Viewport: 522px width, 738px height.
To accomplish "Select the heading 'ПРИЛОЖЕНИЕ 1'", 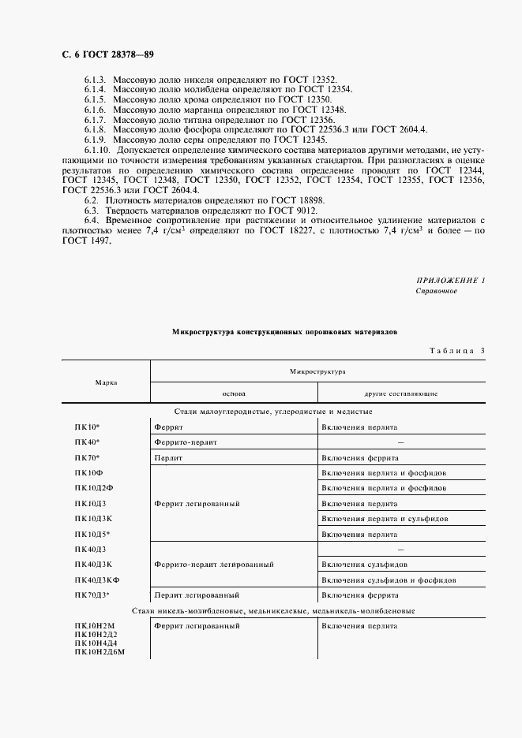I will click(x=451, y=281).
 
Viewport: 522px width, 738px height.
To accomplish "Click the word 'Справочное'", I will click(x=436, y=291).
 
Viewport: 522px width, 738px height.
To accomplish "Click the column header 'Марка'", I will click(x=106, y=382).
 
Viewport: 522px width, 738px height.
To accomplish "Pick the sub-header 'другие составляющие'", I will click(x=401, y=393).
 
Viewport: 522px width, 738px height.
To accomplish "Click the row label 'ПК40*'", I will click(x=88, y=442).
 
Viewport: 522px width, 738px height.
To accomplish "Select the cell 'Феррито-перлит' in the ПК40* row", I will click(x=186, y=442).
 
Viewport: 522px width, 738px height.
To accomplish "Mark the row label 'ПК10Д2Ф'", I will click(x=94, y=488).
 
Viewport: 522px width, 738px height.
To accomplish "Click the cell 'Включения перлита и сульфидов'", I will click(x=385, y=519).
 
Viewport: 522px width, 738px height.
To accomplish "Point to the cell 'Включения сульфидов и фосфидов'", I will click(x=388, y=580).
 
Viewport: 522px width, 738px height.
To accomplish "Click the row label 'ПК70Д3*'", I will click(x=92, y=595).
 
